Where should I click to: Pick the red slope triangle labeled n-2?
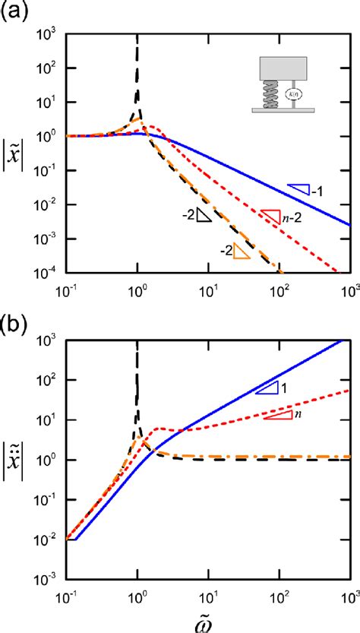(x=271, y=216)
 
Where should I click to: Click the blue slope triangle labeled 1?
(x=267, y=388)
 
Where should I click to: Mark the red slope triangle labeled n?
(x=278, y=415)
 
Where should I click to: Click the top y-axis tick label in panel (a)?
(x=52, y=34)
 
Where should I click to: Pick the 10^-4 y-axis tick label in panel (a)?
(x=51, y=272)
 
